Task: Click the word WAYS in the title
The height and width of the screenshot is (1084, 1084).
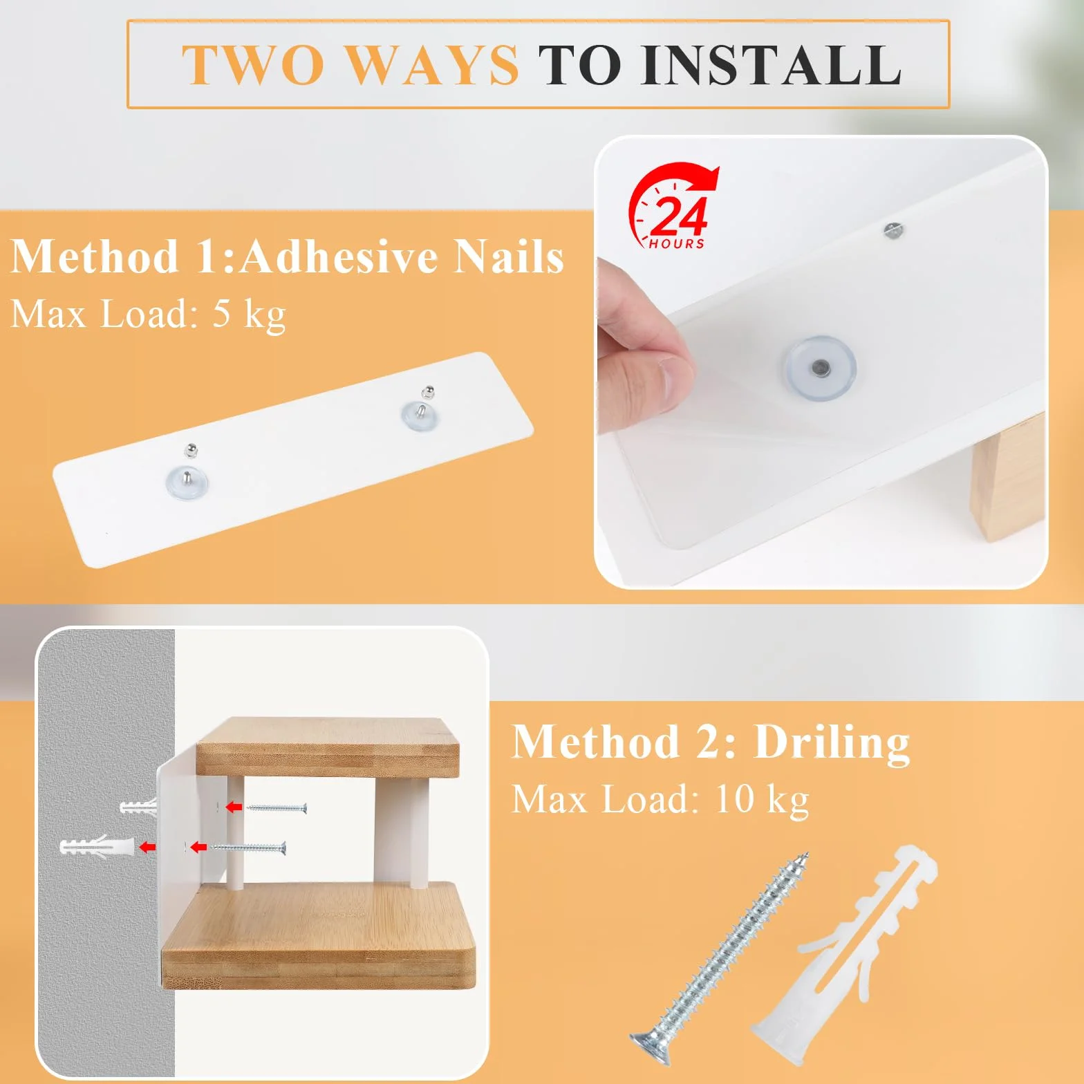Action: [x=431, y=65]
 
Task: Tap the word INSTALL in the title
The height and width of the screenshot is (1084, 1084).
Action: [x=771, y=65]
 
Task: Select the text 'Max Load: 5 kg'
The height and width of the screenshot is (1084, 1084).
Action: [x=148, y=315]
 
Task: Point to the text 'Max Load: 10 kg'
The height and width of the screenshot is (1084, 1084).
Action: [x=660, y=800]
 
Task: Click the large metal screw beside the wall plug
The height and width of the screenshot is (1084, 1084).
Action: [x=719, y=950]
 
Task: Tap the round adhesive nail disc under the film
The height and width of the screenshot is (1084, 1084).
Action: [x=820, y=367]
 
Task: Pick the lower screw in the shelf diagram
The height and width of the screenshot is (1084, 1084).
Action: [x=247, y=848]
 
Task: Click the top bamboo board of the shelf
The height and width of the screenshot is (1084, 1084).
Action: [x=328, y=747]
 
